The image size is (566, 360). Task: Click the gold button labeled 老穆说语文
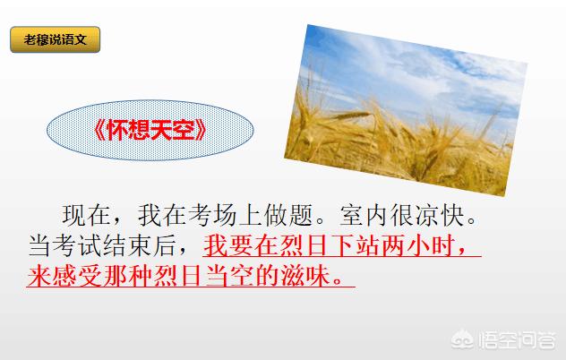pyautogui.click(x=55, y=39)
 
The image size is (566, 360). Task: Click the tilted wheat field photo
pyautogui.click(x=406, y=110)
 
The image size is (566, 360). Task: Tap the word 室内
pyautogui.click(x=364, y=216)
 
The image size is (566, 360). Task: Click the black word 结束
pyautogui.click(x=127, y=246)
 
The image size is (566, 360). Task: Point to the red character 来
pyautogui.click(x=39, y=276)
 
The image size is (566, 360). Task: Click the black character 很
pyautogui.click(x=402, y=216)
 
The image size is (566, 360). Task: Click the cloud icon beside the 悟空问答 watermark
pyautogui.click(x=462, y=340)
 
